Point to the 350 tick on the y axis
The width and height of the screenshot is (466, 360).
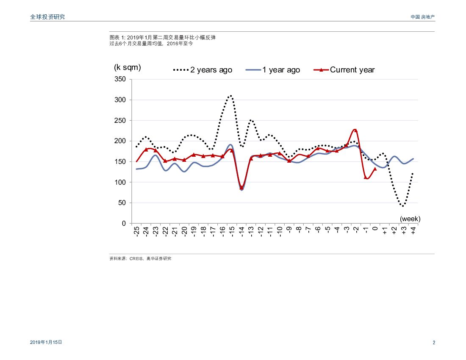click(x=121, y=80)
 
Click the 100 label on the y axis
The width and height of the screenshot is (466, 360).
click(x=121, y=183)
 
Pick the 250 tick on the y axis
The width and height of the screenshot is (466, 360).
click(x=121, y=121)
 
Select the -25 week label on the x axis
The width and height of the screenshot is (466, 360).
click(x=136, y=231)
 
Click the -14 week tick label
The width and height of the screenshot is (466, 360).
click(x=241, y=231)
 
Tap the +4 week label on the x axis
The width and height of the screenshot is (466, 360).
click(x=413, y=231)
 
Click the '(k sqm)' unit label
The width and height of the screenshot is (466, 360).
click(x=128, y=67)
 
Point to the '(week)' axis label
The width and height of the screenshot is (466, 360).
click(x=410, y=219)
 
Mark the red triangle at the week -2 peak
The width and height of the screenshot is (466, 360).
click(x=356, y=130)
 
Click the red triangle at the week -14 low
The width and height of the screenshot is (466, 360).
click(x=241, y=188)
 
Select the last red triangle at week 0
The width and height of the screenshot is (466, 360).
click(x=375, y=169)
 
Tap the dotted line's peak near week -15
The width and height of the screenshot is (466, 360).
click(x=231, y=96)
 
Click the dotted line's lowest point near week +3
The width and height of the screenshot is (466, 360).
click(x=403, y=206)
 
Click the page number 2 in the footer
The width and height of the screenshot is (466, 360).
click(x=433, y=343)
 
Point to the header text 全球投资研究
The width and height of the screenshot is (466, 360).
click(x=48, y=17)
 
